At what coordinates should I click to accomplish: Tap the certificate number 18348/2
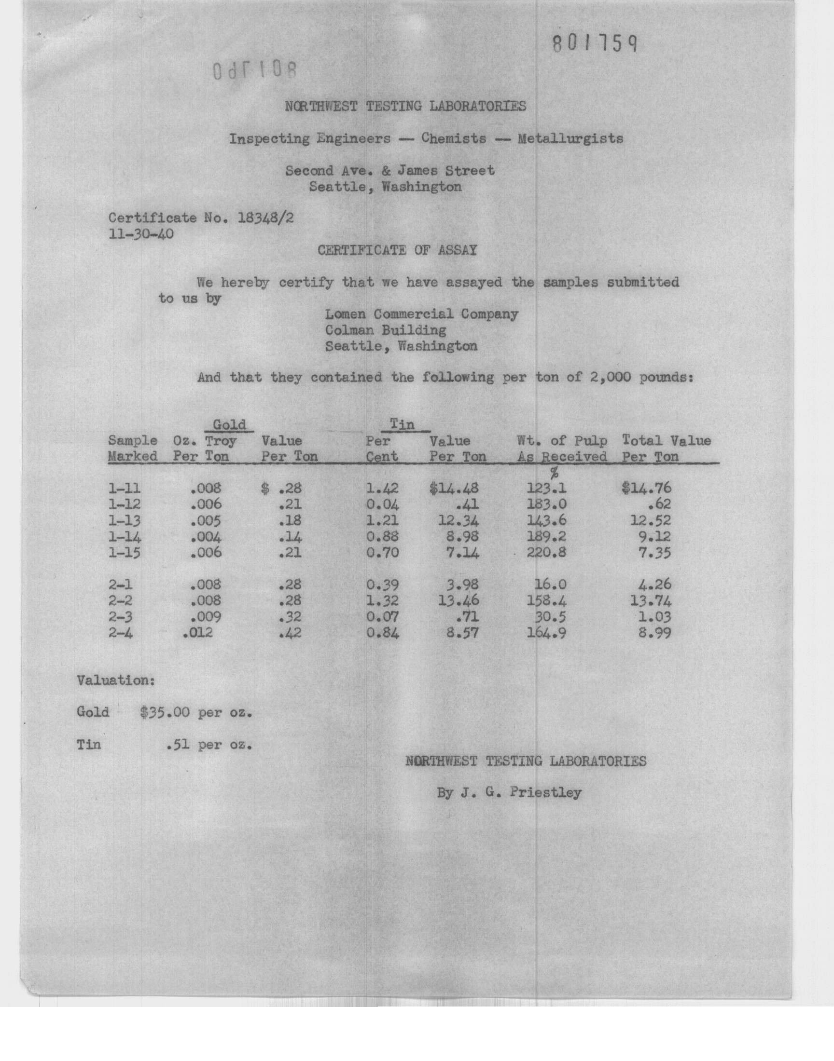[265, 218]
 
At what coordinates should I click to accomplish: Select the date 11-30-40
[140, 234]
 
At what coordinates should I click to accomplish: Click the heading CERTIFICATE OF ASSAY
[397, 250]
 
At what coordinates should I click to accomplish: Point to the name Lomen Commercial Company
[421, 314]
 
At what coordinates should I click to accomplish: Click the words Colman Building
[386, 330]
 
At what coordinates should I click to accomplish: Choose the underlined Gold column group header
[229, 424]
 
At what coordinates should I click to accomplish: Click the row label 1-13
[125, 520]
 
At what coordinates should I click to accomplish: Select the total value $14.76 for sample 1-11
[647, 488]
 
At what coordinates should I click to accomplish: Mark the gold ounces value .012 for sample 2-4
[197, 634]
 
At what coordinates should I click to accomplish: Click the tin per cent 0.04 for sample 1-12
[382, 504]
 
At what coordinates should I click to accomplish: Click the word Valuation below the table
[116, 680]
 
